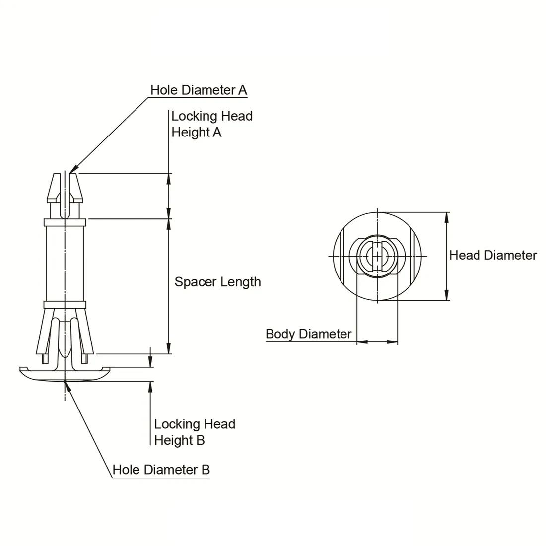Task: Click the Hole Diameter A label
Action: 199,90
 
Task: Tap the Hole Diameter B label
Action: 161,470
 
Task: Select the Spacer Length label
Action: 217,282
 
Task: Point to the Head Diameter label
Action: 493,255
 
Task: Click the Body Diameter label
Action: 309,334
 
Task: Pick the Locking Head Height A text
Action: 212,124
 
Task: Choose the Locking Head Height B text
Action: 195,432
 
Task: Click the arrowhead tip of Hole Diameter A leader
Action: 70,173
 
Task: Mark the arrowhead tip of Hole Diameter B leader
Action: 65,381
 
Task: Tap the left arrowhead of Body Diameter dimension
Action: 357,342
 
